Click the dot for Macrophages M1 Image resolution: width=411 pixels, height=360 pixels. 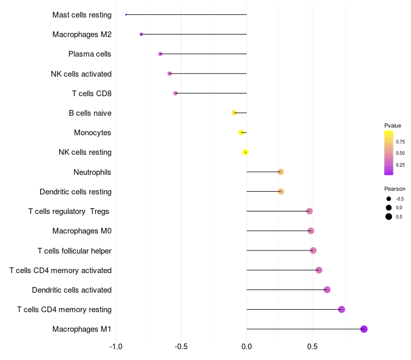pos(364,329)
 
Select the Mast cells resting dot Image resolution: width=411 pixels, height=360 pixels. pos(126,15)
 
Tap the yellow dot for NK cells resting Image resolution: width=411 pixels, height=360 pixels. pos(245,152)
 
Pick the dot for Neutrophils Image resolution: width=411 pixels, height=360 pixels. pos(281,172)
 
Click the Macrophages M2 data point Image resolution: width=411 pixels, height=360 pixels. pos(141,34)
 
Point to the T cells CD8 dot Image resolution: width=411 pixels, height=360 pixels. pos(175,93)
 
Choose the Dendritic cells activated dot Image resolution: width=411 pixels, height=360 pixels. pos(327,290)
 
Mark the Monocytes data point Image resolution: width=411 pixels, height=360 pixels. pos(241,133)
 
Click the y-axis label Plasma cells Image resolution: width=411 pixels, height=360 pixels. pos(89,54)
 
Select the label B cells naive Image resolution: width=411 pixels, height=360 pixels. pos(90,113)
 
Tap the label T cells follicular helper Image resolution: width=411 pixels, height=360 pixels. pos(74,251)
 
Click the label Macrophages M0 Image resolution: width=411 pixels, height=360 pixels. pos(82,231)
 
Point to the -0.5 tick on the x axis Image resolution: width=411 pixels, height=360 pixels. pos(181,347)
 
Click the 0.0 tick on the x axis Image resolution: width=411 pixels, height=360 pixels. pos(247,347)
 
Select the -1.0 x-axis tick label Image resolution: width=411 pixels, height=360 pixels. pos(116,347)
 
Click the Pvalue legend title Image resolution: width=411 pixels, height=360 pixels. pos(393,125)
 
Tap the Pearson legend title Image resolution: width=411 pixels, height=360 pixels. pos(395,189)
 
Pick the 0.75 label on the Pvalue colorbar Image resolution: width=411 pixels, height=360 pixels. pos(400,142)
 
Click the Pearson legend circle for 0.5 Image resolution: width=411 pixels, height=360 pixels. pos(389,217)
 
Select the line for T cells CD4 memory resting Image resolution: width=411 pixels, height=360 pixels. pos(294,310)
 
